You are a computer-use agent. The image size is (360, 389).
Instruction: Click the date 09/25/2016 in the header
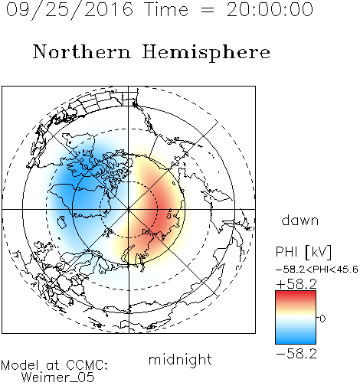(x=70, y=10)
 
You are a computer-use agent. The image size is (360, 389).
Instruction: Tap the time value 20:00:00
(x=270, y=9)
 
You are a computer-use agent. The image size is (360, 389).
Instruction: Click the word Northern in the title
(x=82, y=52)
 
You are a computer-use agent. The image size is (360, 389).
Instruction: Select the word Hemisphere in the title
(x=206, y=52)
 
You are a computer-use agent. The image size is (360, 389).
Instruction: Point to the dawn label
(x=300, y=220)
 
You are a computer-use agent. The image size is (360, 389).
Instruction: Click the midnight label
(x=180, y=360)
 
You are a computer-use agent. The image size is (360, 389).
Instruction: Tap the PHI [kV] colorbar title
(x=303, y=252)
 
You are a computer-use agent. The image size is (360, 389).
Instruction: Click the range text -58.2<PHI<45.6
(x=317, y=270)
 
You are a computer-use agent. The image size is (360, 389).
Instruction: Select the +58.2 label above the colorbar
(x=296, y=284)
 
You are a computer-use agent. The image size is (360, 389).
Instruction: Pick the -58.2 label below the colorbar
(x=296, y=354)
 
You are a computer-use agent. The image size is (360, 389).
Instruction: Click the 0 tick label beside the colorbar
(x=322, y=319)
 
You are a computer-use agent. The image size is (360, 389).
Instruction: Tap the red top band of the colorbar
(x=296, y=293)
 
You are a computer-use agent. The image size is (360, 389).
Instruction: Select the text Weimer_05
(x=58, y=378)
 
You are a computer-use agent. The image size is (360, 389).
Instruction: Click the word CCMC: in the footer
(x=87, y=365)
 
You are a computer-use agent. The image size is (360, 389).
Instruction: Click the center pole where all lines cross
(x=129, y=209)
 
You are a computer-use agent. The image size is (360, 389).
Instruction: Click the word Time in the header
(x=166, y=9)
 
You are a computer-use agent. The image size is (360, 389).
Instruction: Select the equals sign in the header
(x=208, y=10)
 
